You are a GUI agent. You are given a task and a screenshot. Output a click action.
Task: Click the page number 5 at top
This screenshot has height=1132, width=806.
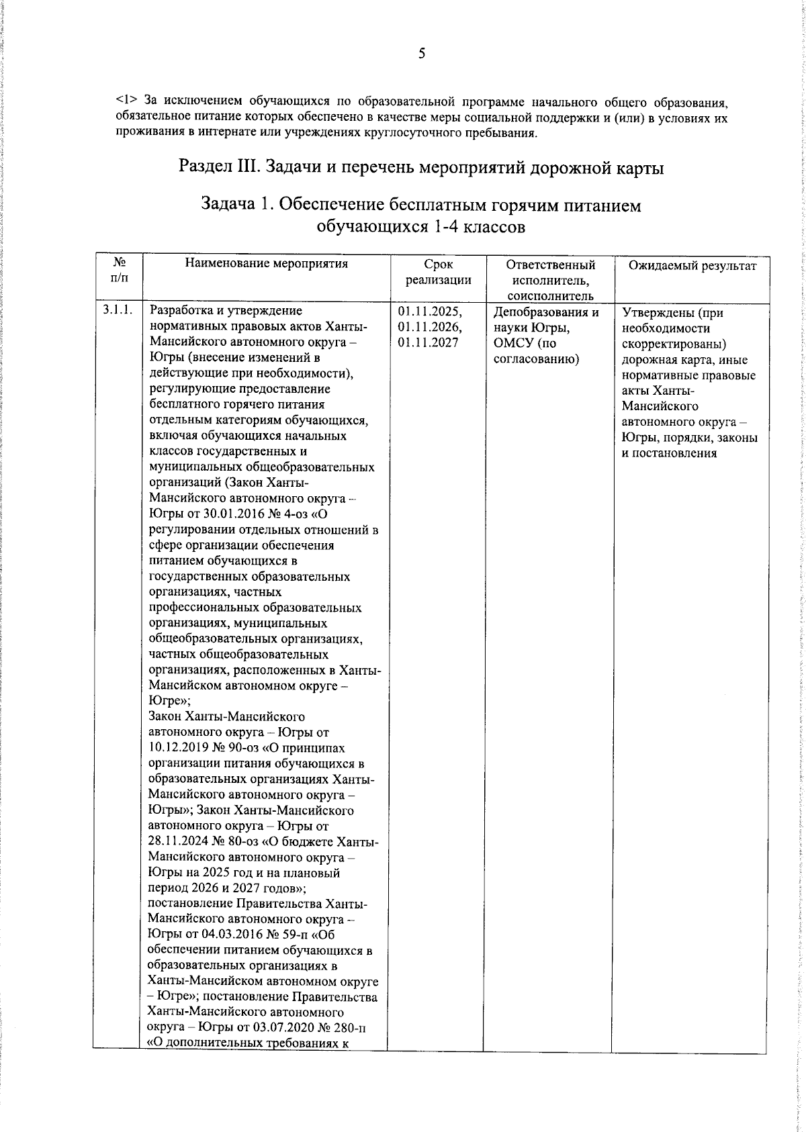tap(422, 54)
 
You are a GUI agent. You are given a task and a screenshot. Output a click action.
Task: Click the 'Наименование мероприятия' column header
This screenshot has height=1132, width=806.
tap(267, 264)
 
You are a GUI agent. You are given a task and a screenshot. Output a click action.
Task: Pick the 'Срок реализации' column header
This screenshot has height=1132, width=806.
tap(438, 272)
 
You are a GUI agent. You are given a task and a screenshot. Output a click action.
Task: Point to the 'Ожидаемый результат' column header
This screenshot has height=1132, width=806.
tap(692, 266)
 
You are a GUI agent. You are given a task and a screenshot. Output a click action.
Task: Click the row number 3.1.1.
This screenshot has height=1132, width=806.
tap(118, 310)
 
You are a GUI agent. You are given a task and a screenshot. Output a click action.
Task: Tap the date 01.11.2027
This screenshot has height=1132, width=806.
tap(427, 342)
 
